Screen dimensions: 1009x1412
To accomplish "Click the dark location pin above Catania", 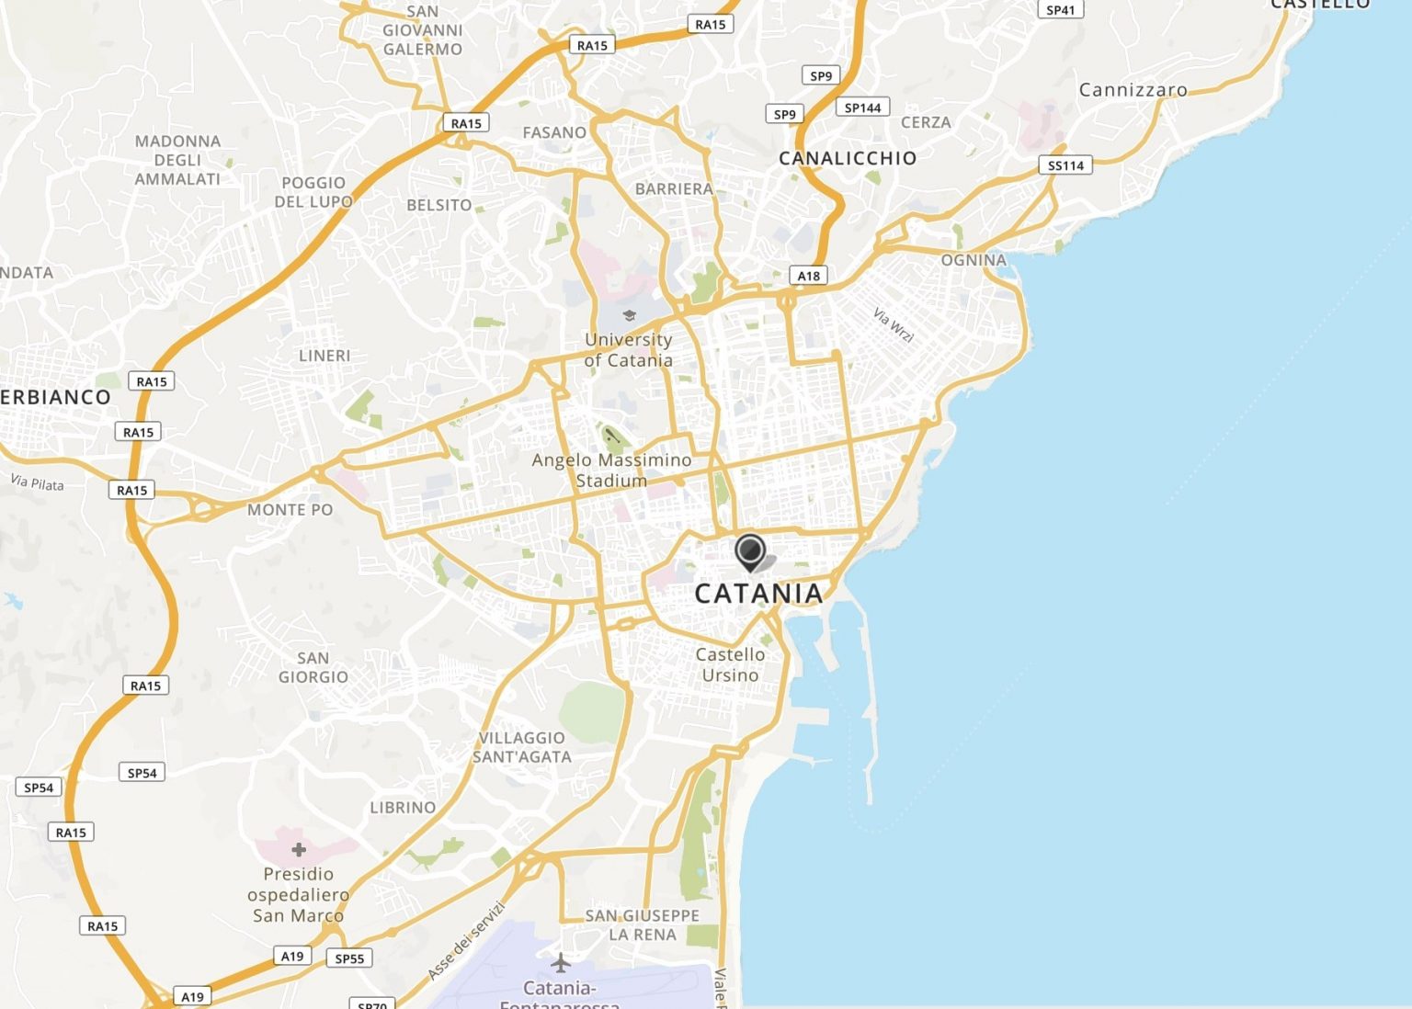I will pos(750,551).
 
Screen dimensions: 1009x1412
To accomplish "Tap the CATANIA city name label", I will pos(758,594).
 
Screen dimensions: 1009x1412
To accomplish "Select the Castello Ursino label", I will pos(730,664).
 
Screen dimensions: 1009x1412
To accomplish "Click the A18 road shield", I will pos(808,276).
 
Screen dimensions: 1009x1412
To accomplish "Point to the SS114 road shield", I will pos(1065,165).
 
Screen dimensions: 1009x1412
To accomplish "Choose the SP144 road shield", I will pos(862,108).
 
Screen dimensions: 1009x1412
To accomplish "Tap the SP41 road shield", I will pos(1060,10).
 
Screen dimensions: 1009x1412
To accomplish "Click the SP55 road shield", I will pos(349,958).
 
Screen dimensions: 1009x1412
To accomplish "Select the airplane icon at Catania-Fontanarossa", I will pos(561,963).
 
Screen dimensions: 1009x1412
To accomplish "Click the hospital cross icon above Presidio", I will pos(299,849).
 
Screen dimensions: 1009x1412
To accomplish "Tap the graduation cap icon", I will pos(629,316).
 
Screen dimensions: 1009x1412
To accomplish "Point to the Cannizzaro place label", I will pos(1133,90).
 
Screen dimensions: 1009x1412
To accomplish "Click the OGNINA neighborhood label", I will pos(974,260).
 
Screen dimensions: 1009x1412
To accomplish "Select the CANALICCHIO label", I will pos(848,158).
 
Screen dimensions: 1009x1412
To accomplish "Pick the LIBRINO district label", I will pos(403,807).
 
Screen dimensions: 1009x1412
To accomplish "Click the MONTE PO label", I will pos(290,509).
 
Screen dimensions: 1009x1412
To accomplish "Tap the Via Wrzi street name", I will pos(894,324).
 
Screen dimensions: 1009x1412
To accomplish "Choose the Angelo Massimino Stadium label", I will pos(611,470).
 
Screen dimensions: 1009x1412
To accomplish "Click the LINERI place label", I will pos(325,356).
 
